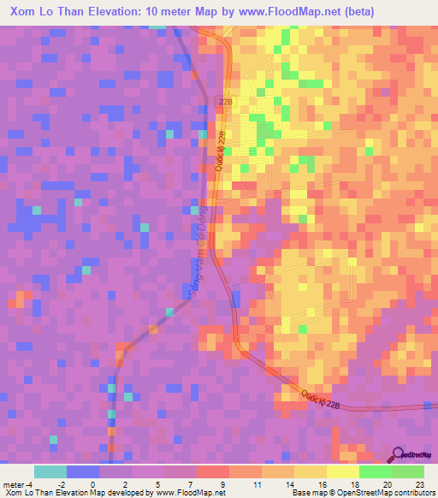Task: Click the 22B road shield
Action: tap(225, 101)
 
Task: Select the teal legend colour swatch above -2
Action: tap(50, 471)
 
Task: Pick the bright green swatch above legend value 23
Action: tap(408, 471)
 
